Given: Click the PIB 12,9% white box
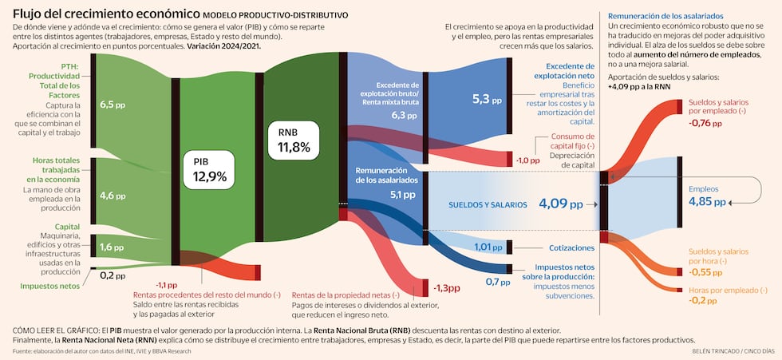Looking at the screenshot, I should (210, 169).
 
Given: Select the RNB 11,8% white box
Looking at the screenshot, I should (294, 139).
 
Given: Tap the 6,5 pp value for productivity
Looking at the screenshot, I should (113, 105).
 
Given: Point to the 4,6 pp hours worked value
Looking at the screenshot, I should (113, 196).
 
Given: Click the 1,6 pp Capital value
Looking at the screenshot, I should (113, 248).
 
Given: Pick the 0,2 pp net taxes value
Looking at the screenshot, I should (113, 276).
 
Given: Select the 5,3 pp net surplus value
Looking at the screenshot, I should (487, 100).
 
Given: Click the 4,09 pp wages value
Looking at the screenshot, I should (563, 204).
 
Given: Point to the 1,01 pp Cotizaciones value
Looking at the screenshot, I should (488, 247).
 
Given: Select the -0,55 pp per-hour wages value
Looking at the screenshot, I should (707, 271).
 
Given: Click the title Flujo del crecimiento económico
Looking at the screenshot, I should (105, 14).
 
